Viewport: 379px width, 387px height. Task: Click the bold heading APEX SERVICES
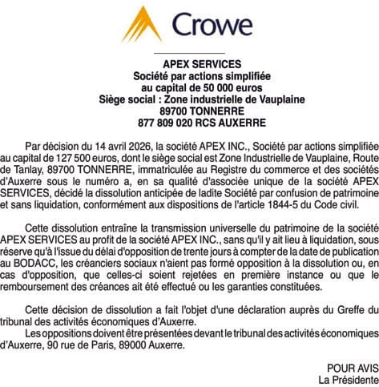(x=190, y=64)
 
